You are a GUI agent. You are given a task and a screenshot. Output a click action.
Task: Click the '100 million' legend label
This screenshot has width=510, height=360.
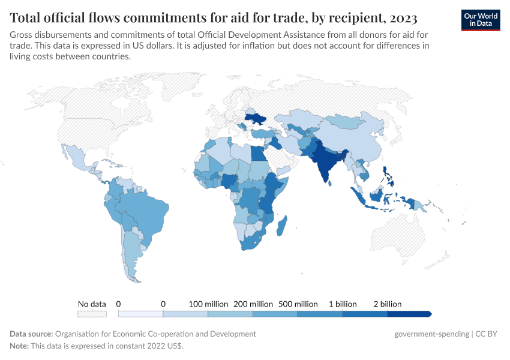[208, 304]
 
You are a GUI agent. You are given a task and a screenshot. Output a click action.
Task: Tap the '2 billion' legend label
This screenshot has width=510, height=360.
[387, 304]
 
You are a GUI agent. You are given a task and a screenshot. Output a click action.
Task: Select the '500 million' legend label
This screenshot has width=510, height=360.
[298, 304]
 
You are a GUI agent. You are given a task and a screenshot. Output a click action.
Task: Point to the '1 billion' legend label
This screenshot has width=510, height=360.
[343, 304]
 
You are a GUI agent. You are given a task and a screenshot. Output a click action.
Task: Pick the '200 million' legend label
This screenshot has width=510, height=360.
[253, 304]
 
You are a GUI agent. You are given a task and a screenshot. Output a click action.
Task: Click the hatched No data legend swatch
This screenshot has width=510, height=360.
[92, 314]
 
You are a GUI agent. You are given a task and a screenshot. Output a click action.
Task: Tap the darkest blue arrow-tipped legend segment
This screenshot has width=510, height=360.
[409, 314]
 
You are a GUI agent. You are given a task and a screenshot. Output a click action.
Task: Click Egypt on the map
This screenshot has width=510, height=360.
[258, 153]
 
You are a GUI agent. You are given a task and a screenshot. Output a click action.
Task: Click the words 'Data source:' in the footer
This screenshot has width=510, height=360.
[31, 334]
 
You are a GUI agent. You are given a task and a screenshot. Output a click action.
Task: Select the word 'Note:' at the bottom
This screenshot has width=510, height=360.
[20, 346]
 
